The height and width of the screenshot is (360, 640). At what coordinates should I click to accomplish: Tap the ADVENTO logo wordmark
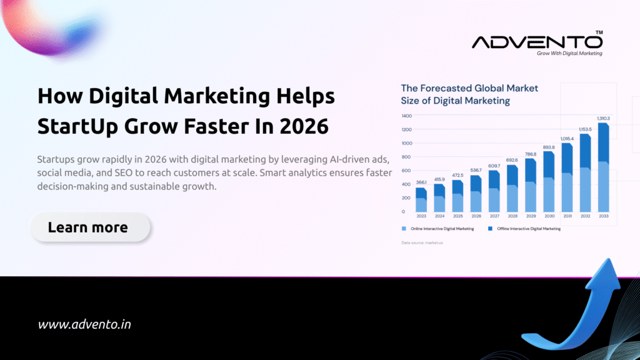click(537, 42)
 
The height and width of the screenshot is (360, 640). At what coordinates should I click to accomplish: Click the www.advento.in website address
click(84, 324)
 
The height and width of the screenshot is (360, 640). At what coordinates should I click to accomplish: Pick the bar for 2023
click(421, 200)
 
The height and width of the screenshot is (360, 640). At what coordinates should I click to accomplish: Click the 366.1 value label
click(421, 182)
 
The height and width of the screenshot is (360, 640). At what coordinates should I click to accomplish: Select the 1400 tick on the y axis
click(406, 116)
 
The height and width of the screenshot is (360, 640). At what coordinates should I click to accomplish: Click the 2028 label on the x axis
click(512, 216)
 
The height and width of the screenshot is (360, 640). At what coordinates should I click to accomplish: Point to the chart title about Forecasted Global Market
click(469, 94)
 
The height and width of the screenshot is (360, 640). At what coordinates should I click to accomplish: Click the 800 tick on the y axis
click(406, 157)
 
